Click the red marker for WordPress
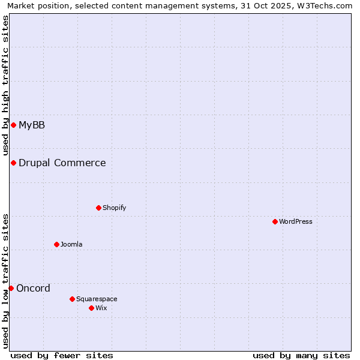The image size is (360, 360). [275, 221]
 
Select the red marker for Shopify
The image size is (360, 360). [98, 208]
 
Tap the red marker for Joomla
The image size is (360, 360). [56, 244]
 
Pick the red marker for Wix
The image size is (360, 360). [91, 308]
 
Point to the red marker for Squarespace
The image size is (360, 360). [72, 299]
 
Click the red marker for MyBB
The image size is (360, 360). [13, 125]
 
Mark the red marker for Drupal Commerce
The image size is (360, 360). [13, 163]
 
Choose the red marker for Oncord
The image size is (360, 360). [11, 288]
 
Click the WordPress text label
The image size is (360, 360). [296, 221]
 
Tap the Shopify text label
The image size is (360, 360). [114, 208]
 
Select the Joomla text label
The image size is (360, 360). [71, 244]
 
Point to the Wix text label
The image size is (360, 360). [101, 308]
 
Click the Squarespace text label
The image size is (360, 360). [97, 299]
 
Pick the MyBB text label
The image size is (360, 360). [32, 125]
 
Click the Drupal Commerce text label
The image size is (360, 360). [62, 163]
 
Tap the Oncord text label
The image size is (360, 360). [33, 288]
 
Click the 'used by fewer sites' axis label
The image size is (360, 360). [62, 355]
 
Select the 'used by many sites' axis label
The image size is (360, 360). [301, 355]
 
